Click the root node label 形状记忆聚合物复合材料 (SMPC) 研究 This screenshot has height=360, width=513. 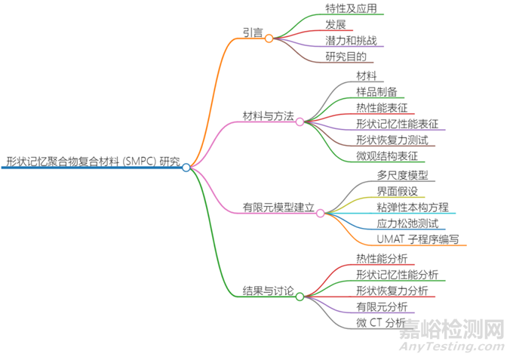(x=93, y=162)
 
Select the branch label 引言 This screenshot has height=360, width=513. (x=253, y=32)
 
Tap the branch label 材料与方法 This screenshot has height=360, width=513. (x=268, y=115)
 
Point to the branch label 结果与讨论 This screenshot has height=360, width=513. (x=268, y=291)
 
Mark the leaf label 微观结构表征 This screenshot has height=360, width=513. (x=386, y=155)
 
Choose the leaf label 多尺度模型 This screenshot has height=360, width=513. (x=402, y=175)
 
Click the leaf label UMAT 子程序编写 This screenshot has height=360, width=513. (x=422, y=239)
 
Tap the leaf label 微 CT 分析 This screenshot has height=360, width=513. (x=381, y=322)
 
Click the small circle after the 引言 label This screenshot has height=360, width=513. (x=269, y=38)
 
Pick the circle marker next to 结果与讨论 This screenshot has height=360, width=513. (x=300, y=297)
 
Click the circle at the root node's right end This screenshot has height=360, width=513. (x=186, y=168)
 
